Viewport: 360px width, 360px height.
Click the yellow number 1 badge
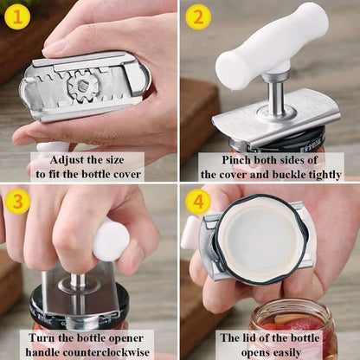(x=16, y=16)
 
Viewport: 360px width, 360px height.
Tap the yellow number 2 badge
(x=198, y=16)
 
